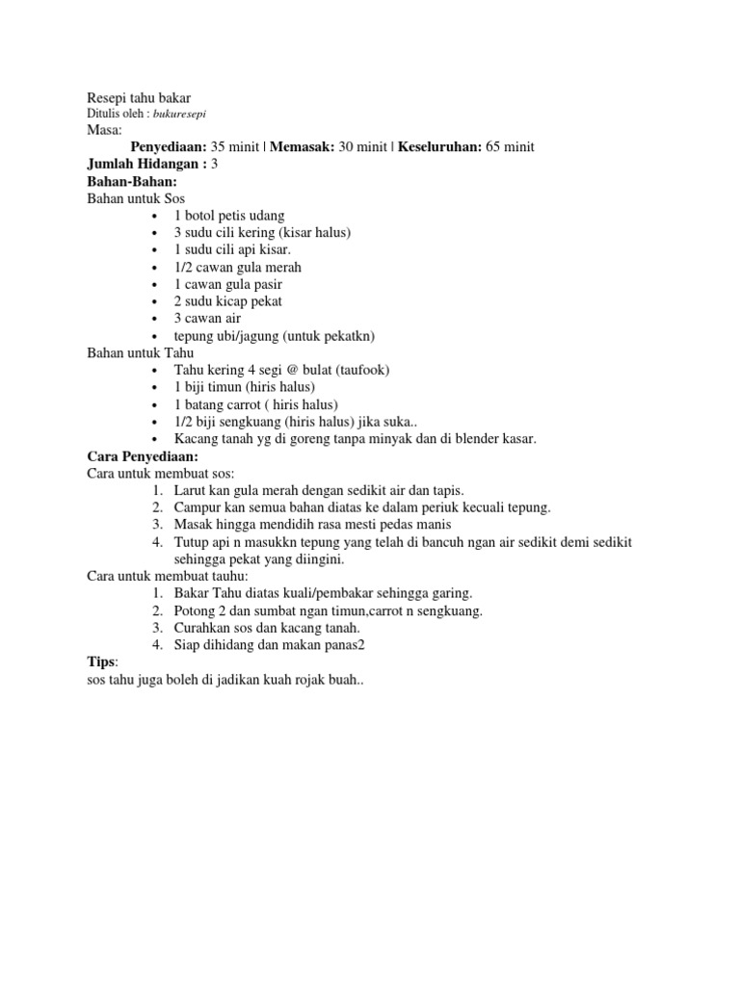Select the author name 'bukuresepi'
(x=167, y=115)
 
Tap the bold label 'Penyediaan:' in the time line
(x=169, y=146)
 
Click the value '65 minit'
(x=508, y=146)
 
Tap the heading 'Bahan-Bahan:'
(x=131, y=181)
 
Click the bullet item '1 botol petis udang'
(x=229, y=216)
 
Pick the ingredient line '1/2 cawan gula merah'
(x=238, y=267)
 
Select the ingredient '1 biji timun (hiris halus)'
(x=245, y=387)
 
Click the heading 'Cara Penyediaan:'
(x=143, y=456)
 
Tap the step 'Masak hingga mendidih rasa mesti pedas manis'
(x=305, y=525)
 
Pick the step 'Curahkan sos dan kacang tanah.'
(x=267, y=628)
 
